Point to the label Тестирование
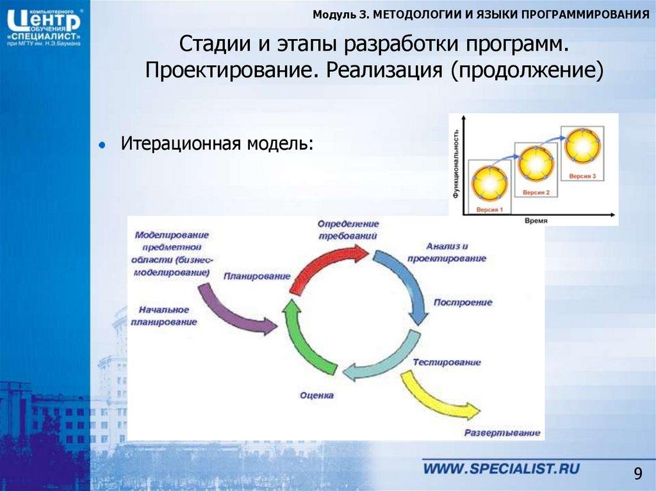tap(447, 362)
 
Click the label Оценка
tap(316, 395)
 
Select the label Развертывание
tap(503, 433)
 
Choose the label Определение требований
tap(348, 230)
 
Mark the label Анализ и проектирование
tap(455, 252)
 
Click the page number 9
tap(637, 474)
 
